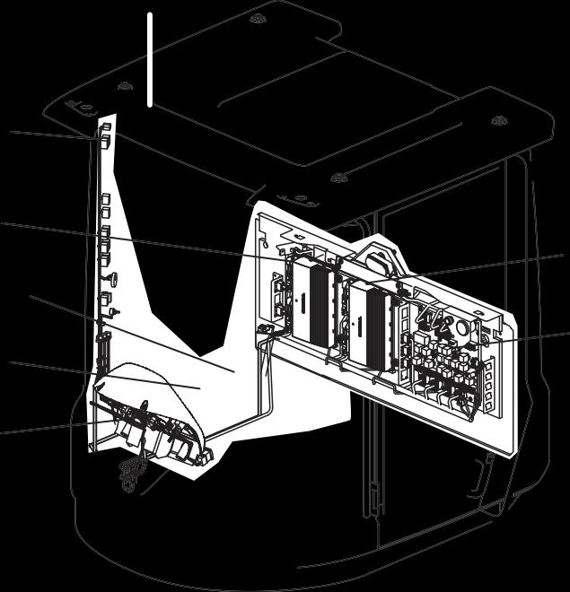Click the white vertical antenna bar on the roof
pos(150,59)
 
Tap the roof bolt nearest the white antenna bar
pos(126,86)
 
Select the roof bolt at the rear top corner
pos(258,18)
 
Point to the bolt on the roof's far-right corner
pos(500,120)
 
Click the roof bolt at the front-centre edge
pos(338,178)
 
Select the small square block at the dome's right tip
pos(206,457)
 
